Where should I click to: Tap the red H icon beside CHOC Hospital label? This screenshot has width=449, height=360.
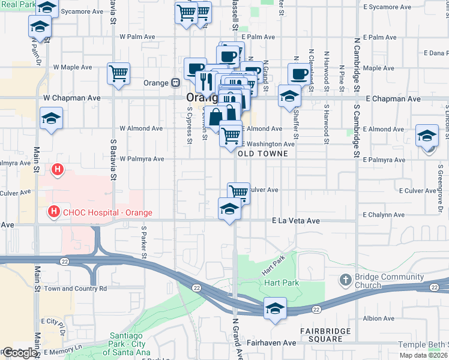54,212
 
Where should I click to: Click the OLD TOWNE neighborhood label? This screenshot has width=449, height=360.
263,154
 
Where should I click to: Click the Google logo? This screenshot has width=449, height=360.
19,353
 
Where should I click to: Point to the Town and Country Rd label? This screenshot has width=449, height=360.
75,289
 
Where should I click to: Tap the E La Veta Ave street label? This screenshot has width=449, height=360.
296,221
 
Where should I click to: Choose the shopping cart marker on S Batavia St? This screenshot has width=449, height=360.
119,73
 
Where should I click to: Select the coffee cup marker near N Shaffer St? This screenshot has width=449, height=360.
299,74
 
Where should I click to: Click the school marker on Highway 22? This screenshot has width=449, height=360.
274,308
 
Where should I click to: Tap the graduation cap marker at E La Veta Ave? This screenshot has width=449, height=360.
229,209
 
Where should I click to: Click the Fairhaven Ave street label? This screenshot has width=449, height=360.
272,343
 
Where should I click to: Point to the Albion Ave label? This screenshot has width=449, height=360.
378,318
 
